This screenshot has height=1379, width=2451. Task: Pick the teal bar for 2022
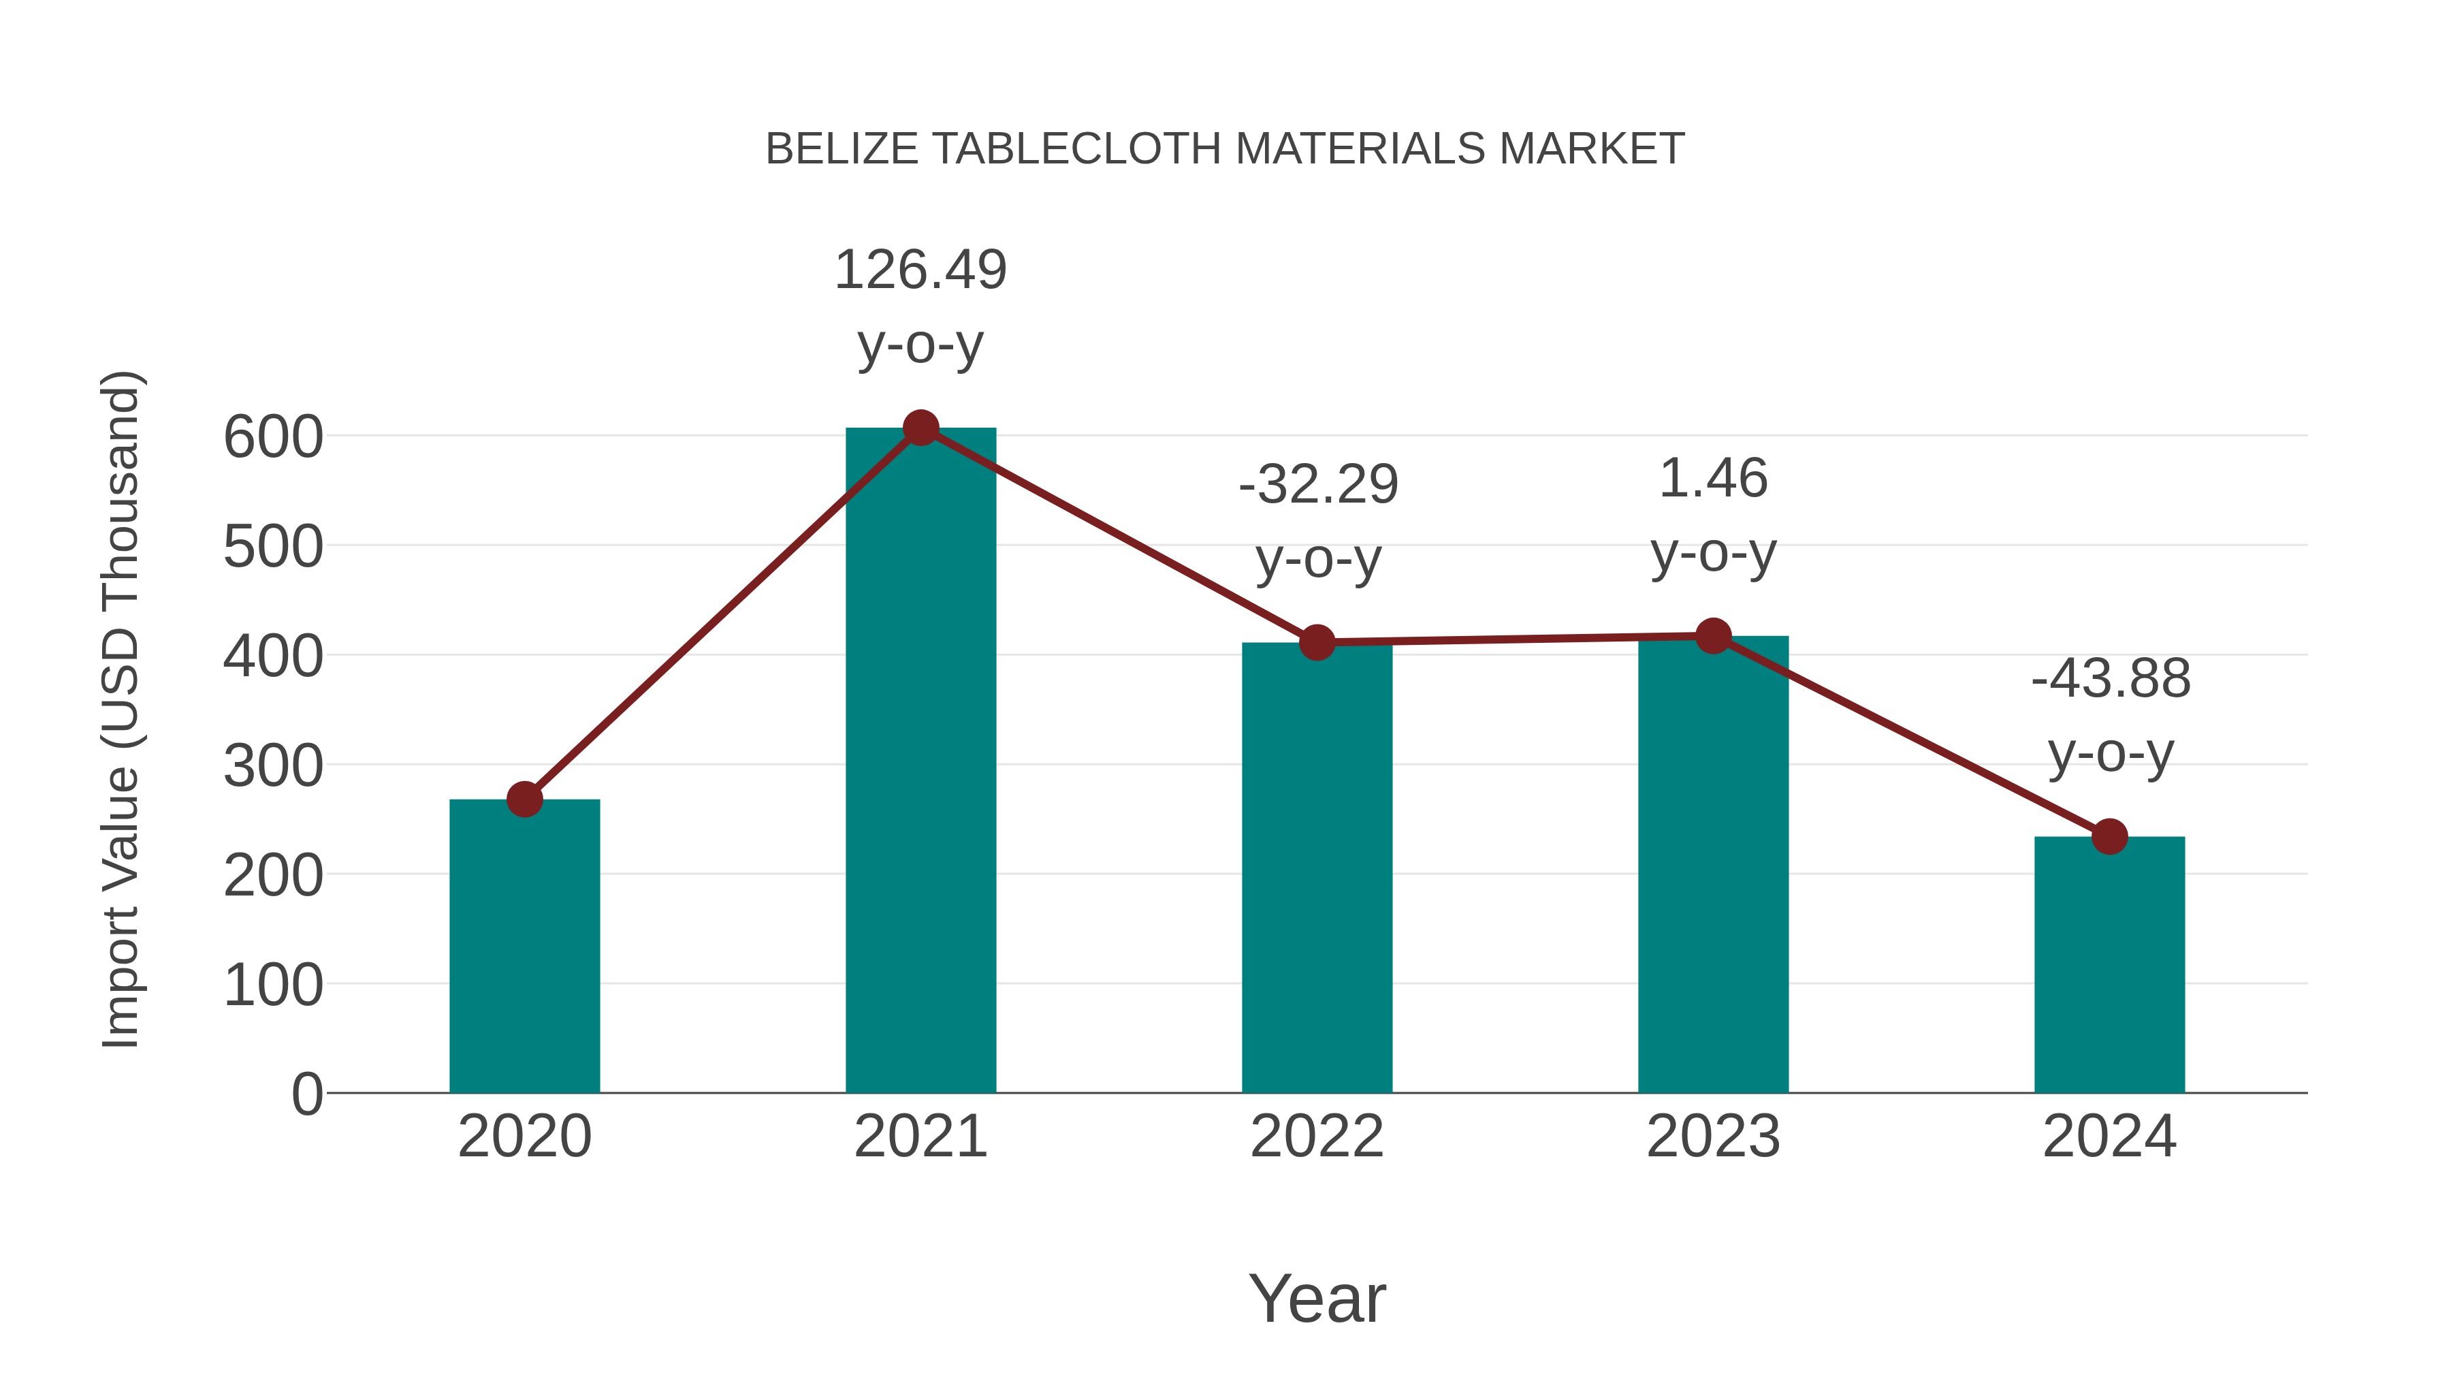click(x=1316, y=867)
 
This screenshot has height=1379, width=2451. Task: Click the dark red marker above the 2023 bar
click(x=1713, y=636)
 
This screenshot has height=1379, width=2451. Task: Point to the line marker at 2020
click(x=524, y=799)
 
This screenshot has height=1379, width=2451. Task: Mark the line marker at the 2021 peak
click(x=920, y=428)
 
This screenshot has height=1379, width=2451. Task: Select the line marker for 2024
click(x=2109, y=836)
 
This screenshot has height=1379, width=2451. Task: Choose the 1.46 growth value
click(x=1713, y=479)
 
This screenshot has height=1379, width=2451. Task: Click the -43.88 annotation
click(x=2111, y=680)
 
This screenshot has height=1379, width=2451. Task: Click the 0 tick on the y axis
click(x=306, y=1094)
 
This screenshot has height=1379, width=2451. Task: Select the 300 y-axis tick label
click(x=273, y=766)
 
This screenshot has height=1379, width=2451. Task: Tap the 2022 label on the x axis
click(x=1316, y=1137)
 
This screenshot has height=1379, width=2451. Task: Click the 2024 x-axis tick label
click(x=2109, y=1137)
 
